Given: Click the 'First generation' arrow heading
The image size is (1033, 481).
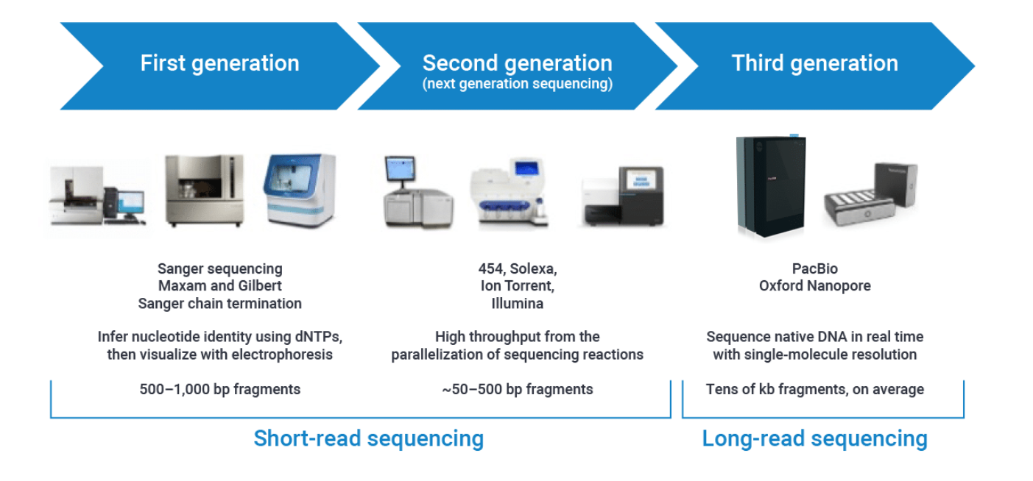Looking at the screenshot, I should pos(219,63).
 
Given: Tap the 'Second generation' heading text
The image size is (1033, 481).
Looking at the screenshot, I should pos(517,63).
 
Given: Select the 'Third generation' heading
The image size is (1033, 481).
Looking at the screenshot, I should pos(814,63).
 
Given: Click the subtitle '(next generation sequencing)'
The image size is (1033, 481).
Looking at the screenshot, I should pos(517,84).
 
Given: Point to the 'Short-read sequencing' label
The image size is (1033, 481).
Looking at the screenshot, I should pos(368,438).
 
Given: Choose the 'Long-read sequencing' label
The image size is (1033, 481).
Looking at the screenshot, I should pos(814,438).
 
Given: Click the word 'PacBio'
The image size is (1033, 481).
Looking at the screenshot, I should pos(814,268).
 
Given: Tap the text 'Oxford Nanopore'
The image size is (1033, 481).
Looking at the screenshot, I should pos(814,285).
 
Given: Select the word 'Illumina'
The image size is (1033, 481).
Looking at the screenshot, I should pos(517,303).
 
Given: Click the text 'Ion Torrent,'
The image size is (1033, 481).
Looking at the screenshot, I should pos(517,285).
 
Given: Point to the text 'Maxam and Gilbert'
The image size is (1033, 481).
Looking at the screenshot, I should pos(219,285).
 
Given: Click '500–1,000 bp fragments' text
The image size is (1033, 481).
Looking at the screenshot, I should pos(219,389).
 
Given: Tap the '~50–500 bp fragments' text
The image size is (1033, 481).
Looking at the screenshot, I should pos(517,389).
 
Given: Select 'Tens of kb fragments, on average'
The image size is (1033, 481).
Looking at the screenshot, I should pos(814,389).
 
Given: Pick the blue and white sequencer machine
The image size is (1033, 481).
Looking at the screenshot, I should pos(300,189).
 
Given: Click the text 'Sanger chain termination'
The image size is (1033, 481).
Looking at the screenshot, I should pos(219,303).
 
